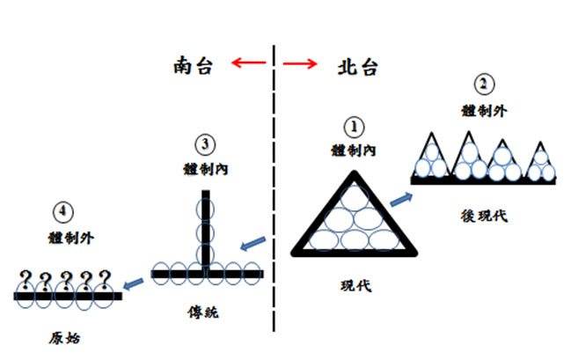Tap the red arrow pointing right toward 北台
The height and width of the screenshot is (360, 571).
[300, 62]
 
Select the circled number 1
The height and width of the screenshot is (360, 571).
[351, 129]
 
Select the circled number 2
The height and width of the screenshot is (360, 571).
[483, 86]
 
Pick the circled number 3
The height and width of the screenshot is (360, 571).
[205, 143]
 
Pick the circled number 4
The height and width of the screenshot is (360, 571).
[62, 212]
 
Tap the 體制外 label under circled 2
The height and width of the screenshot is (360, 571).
[483, 109]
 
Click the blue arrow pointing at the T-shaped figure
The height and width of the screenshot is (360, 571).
[253, 241]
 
